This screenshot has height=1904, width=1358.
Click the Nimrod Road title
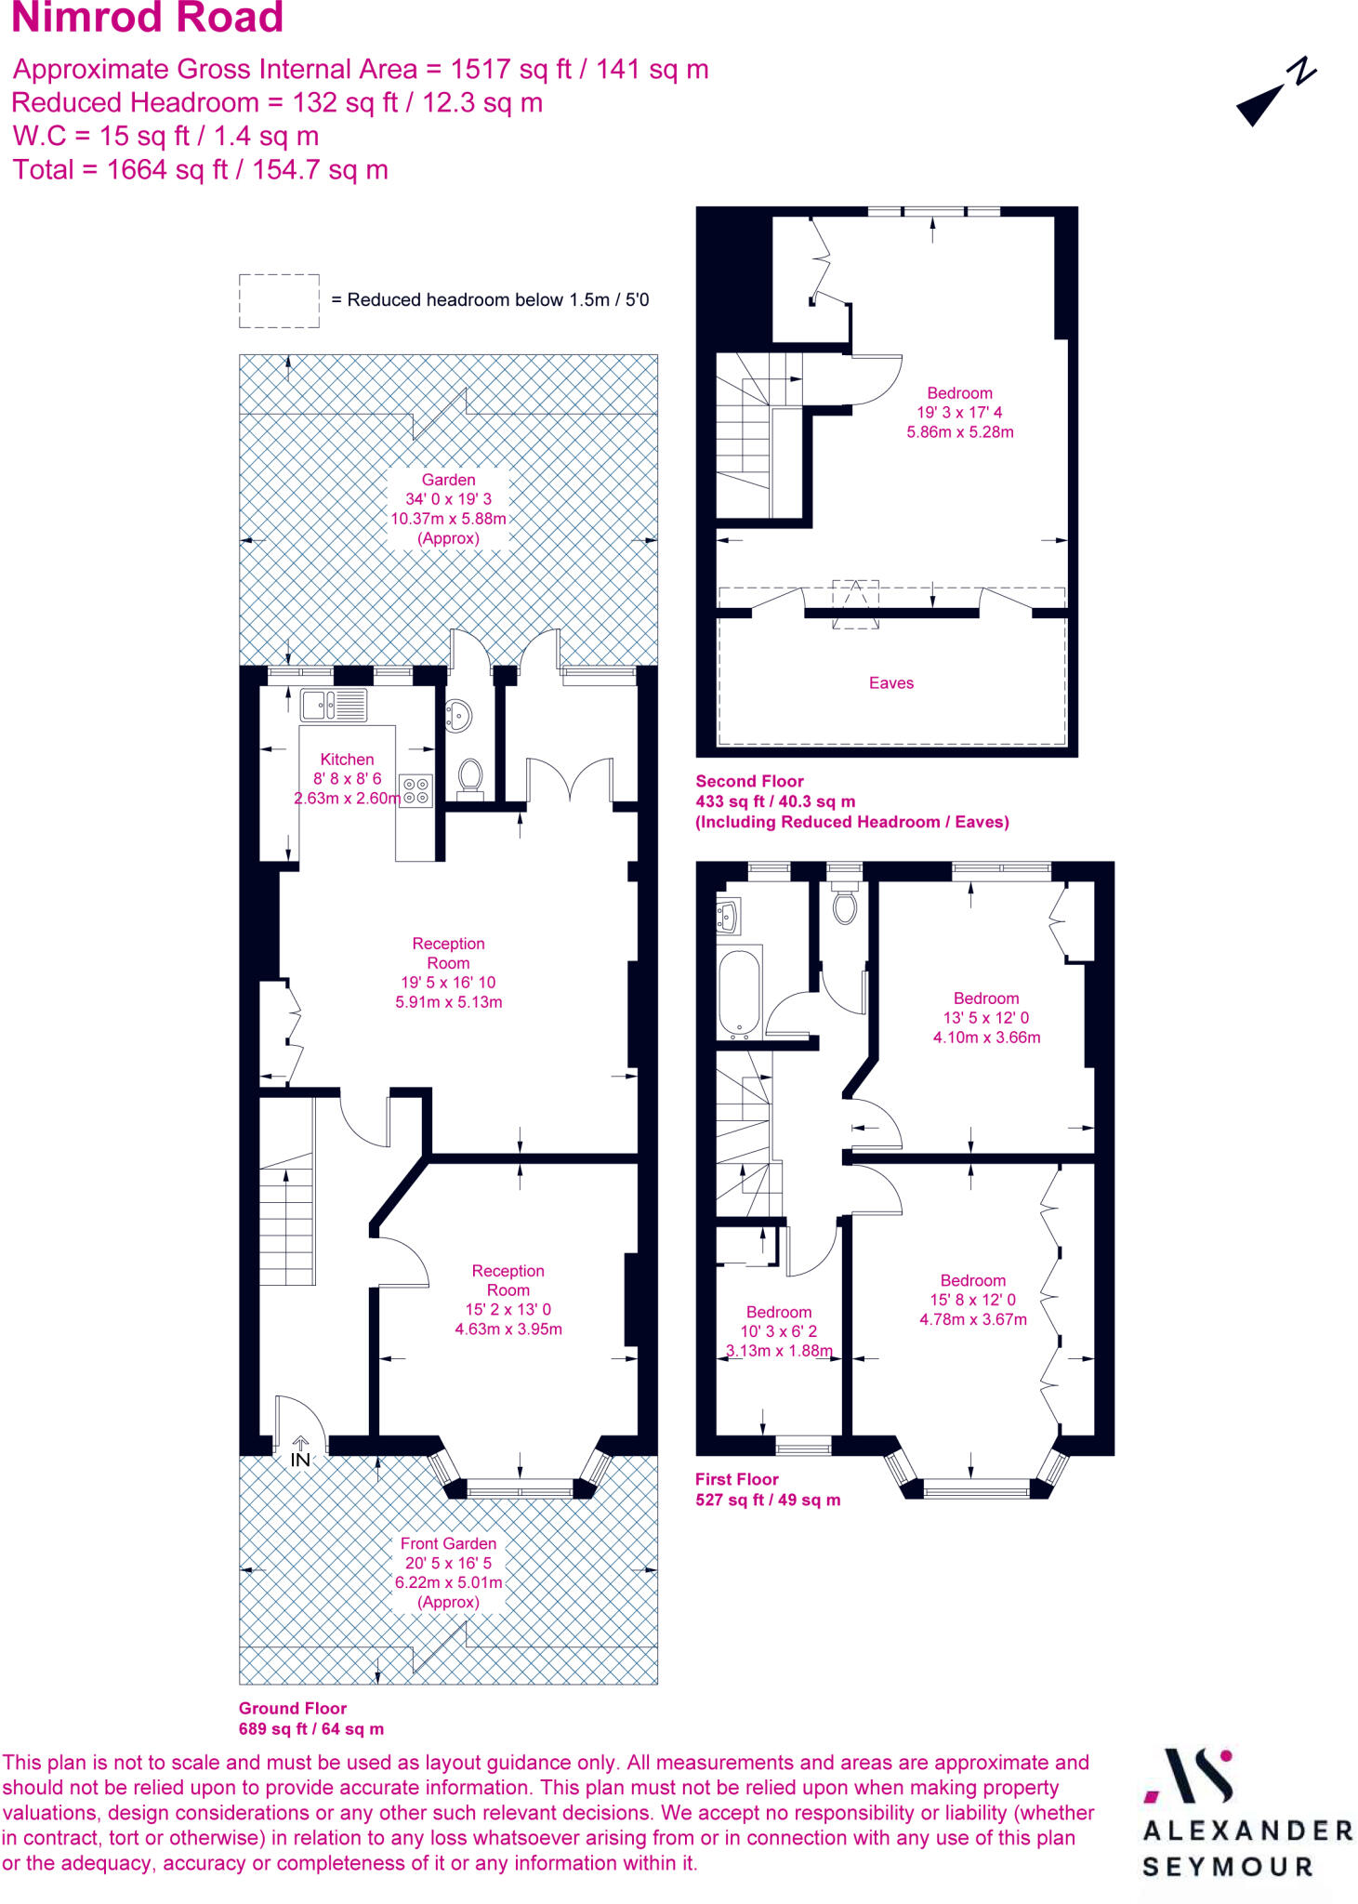coord(147,19)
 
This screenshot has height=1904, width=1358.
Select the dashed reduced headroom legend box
coord(279,300)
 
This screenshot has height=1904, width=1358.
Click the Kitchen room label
coord(347,760)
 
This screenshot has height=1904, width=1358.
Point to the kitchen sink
coord(333,705)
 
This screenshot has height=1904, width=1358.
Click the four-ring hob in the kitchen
coord(415,790)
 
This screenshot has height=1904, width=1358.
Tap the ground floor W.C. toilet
coord(470,776)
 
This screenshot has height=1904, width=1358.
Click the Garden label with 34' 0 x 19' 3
coord(448,509)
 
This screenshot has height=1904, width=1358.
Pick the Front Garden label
coord(448,1544)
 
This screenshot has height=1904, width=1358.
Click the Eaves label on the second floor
coord(891,683)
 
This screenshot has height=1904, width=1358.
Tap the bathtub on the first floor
coord(740,992)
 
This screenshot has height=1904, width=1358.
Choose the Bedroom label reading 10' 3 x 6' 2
coord(779,1330)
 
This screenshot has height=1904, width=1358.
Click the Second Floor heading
coord(749,782)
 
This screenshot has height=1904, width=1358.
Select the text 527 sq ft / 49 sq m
coord(768,1500)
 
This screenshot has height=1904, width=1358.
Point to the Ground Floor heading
coord(292,1708)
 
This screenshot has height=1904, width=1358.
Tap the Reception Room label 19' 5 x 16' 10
coord(448,972)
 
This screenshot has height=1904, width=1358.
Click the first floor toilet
coord(844,906)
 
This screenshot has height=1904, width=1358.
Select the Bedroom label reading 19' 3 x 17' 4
coord(959,412)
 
